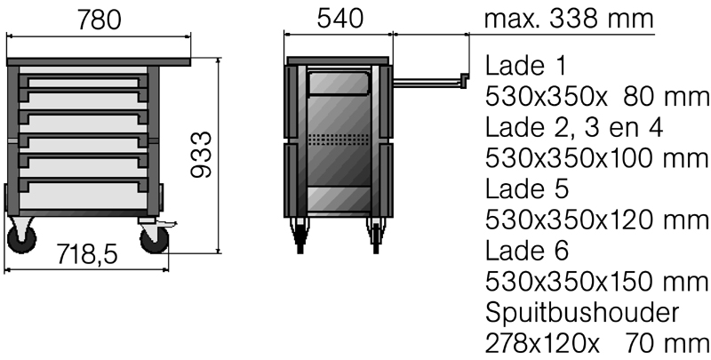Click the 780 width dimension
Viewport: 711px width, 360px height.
pyautogui.click(x=100, y=20)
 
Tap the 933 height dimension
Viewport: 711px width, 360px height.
pyautogui.click(x=201, y=155)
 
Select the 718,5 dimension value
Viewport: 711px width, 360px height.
pyautogui.click(x=87, y=254)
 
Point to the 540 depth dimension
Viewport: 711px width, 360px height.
pyautogui.click(x=340, y=19)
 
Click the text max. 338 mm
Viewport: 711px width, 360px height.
pyautogui.click(x=569, y=19)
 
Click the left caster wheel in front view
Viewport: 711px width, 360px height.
pyautogui.click(x=21, y=238)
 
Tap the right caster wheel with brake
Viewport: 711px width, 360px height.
pyautogui.click(x=154, y=239)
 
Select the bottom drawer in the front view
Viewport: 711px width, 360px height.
pyautogui.click(x=84, y=196)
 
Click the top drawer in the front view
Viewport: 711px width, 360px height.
pyautogui.click(x=84, y=81)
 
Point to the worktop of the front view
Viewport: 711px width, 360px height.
pyautogui.click(x=99, y=61)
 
